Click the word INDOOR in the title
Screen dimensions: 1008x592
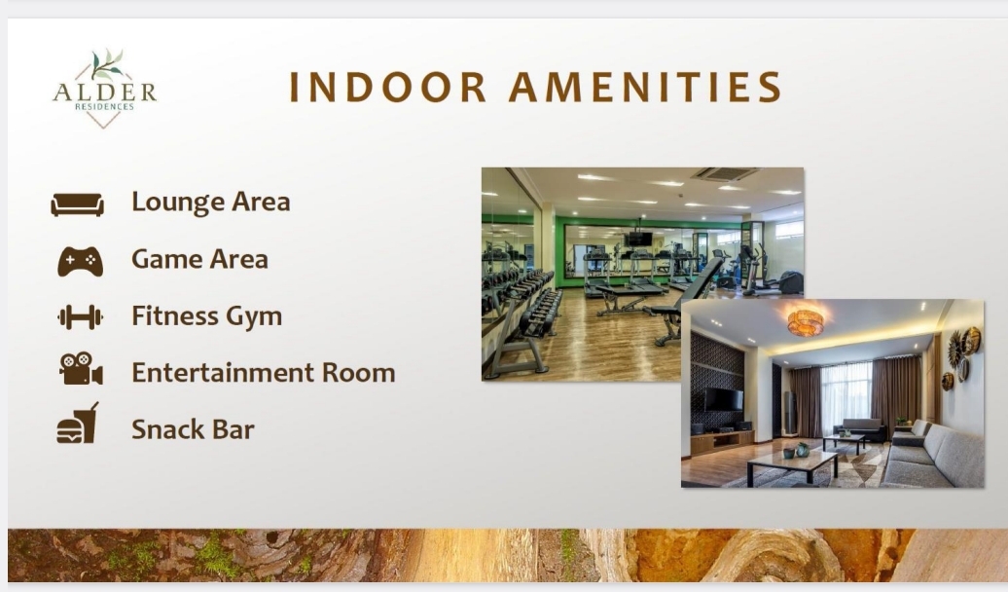point(387,87)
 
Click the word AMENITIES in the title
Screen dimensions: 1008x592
point(645,87)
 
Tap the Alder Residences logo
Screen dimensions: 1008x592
point(105,89)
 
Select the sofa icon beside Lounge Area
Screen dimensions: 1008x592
point(77,203)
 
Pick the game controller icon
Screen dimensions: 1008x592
point(80,261)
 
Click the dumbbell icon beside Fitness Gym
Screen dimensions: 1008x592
point(80,317)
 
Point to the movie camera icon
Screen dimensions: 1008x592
point(81,369)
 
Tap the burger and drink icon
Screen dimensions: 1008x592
point(78,424)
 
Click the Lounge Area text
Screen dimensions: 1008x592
point(211,203)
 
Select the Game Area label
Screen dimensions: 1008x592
point(199,259)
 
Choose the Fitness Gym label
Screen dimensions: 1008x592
point(207,316)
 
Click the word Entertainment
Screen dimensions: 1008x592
point(223,373)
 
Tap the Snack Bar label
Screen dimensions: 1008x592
point(193,429)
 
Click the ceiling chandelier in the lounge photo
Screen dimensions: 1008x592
point(806,321)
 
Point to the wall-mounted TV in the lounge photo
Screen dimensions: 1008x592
point(723,399)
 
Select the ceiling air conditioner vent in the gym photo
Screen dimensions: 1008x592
point(725,173)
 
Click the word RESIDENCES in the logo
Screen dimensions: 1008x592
point(104,107)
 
